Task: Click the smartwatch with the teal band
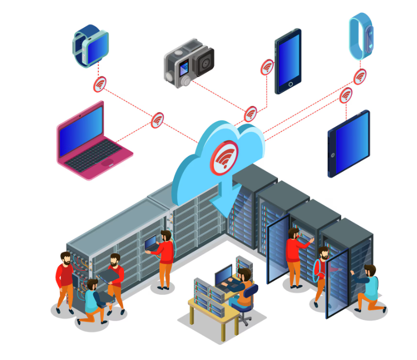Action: click(90, 45)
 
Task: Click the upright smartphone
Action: click(288, 61)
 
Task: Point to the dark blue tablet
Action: click(349, 143)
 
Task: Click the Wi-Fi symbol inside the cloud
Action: click(225, 157)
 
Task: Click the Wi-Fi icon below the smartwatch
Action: click(99, 84)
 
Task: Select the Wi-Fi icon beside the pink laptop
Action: click(157, 120)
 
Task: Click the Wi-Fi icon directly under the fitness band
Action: click(360, 76)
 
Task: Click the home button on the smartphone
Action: click(290, 84)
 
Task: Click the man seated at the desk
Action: click(244, 289)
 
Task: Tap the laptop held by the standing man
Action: click(151, 243)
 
